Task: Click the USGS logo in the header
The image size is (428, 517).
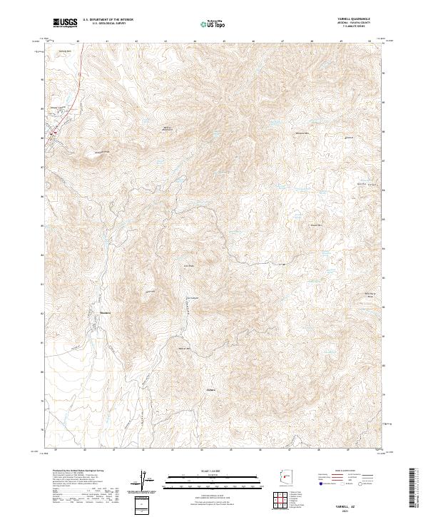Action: (65, 24)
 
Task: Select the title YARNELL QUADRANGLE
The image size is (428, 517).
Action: (354, 19)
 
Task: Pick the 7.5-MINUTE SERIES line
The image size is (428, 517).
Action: (355, 28)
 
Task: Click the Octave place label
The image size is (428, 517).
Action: (210, 390)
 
